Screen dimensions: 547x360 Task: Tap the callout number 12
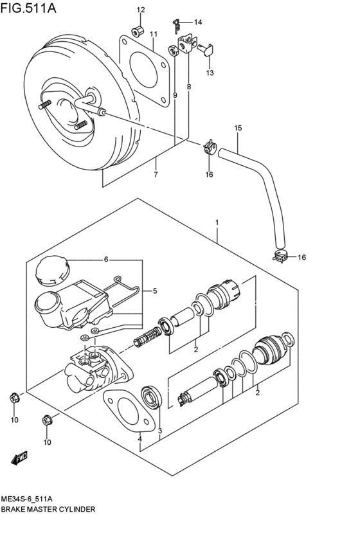(x=141, y=10)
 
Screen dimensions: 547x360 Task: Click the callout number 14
(x=197, y=22)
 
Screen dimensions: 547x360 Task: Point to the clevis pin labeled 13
(x=209, y=49)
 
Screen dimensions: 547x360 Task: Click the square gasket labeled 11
(x=145, y=64)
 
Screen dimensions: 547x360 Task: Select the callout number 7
(x=156, y=175)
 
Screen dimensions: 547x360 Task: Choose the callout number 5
(x=154, y=291)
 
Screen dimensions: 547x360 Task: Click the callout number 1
(x=217, y=222)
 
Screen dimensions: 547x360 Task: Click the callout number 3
(x=159, y=431)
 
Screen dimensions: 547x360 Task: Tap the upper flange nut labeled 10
(x=14, y=399)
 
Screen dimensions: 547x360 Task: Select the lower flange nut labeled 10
(x=46, y=421)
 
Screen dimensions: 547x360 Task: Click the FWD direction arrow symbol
(x=18, y=458)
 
